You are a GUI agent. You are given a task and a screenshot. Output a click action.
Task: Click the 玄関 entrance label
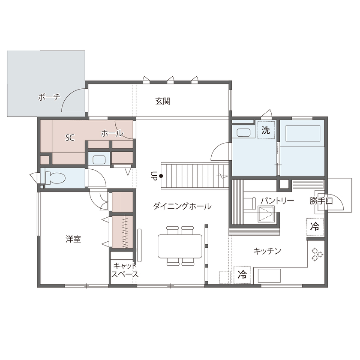coord(163,102)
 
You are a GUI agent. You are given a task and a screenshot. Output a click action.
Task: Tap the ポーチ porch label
coord(49,97)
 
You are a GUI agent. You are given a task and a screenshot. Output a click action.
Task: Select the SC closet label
coord(70,138)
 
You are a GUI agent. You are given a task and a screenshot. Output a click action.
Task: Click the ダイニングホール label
coord(182,206)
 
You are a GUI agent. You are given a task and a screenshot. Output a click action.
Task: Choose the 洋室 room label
coord(73,239)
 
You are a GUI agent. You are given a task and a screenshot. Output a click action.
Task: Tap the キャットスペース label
coord(125,270)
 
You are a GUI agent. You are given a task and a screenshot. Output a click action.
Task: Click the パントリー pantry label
coord(277,201)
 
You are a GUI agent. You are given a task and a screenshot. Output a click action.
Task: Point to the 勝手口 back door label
coord(321,201)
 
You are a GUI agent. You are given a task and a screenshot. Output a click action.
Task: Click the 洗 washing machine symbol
coord(266,130)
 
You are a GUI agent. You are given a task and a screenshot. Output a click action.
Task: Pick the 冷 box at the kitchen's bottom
coord(242,274)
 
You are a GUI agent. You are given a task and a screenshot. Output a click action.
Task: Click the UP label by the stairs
coord(153,176)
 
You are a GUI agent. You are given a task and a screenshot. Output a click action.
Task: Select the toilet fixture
coord(54,177)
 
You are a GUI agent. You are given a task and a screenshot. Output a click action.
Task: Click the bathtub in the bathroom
coord(303,133)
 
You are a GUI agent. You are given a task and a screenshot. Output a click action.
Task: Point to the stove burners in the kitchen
coord(318,255)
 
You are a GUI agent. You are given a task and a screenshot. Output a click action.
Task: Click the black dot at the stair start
coord(161,175)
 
